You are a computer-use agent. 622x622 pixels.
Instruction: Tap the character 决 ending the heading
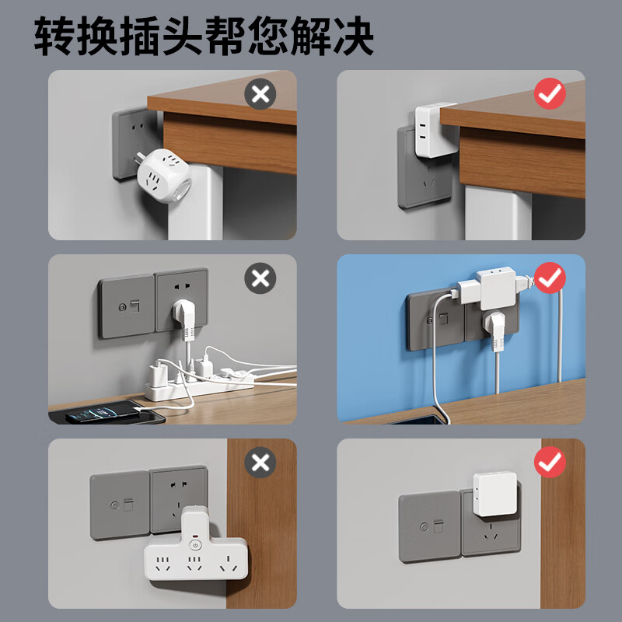click(351, 35)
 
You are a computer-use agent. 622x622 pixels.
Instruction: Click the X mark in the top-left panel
click(260, 96)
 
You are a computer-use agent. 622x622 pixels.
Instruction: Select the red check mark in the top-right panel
click(550, 95)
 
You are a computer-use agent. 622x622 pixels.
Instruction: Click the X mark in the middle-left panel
click(260, 278)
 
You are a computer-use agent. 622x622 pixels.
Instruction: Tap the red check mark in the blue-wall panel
click(550, 278)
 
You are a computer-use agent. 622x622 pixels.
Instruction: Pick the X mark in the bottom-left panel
click(260, 463)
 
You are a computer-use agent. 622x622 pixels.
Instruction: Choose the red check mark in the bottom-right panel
click(550, 463)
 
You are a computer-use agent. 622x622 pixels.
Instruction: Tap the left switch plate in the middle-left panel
click(126, 306)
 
